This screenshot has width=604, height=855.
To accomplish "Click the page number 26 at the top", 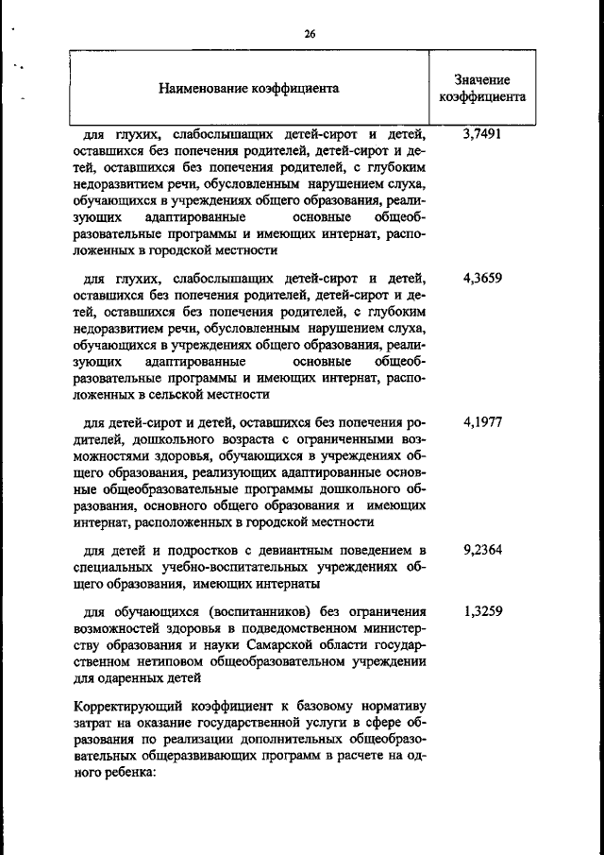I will [x=310, y=34].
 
